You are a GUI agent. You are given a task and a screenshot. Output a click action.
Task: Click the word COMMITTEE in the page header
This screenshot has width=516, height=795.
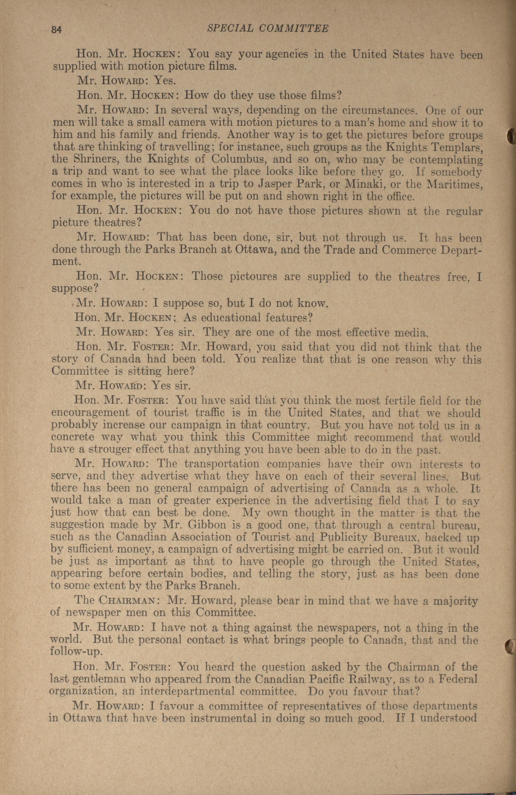294,29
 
